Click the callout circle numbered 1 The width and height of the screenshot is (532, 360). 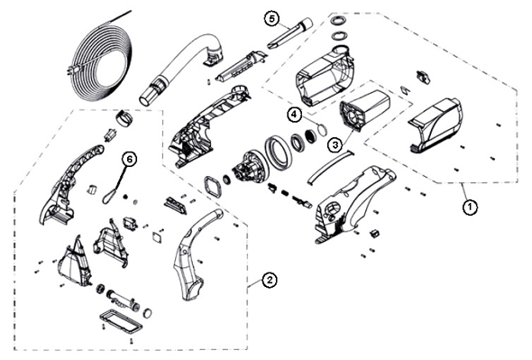coord(470,207)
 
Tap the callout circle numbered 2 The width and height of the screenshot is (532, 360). coord(269,281)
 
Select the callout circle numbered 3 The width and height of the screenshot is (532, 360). coord(335,145)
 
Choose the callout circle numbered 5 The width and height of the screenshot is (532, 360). coord(271,19)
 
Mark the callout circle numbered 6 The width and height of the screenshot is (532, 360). coord(129,159)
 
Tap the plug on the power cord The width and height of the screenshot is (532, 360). coord(71,70)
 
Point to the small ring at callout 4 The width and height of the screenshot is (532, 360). coord(322,129)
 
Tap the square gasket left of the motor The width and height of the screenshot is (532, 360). coord(212,187)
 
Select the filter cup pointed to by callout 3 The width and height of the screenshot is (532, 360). coord(364,108)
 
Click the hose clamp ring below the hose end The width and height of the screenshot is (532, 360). coord(124,118)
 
